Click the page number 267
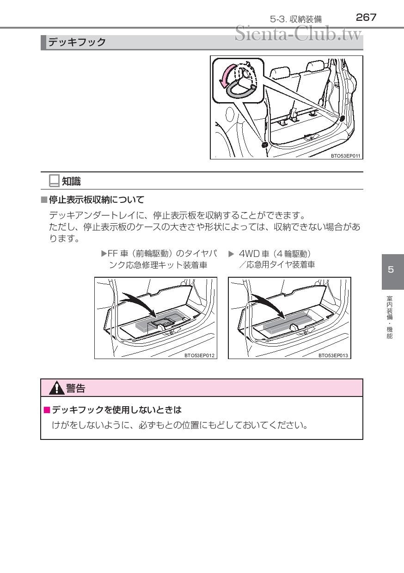click(x=366, y=18)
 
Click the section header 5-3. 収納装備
click(x=296, y=19)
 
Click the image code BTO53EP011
click(x=346, y=156)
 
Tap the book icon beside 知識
click(x=54, y=181)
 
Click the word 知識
click(x=71, y=182)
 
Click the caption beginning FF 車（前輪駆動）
click(x=159, y=259)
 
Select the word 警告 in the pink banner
click(x=75, y=389)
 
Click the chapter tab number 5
click(x=391, y=270)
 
